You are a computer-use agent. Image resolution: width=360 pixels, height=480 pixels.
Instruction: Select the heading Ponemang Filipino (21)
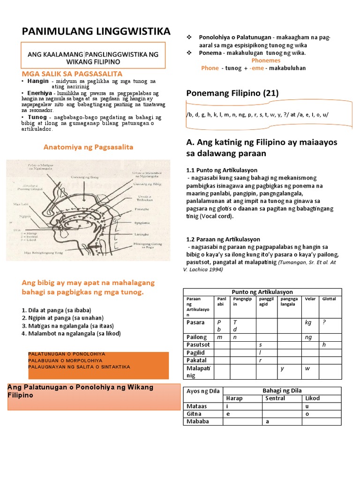coord(232,93)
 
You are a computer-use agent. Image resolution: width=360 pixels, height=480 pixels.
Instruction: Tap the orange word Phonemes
coord(266,60)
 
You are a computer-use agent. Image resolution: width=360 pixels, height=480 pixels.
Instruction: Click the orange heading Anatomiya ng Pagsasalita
coord(88,147)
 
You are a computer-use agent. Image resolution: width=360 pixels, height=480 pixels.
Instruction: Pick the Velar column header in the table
coord(310,299)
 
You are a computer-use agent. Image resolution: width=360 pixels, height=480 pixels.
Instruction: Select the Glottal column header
coord(329,299)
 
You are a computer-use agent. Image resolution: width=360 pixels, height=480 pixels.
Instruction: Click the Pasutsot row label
coord(197,345)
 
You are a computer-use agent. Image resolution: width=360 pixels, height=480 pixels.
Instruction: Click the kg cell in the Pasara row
coord(308,322)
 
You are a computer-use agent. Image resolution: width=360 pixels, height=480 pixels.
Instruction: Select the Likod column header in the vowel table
coord(312,398)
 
